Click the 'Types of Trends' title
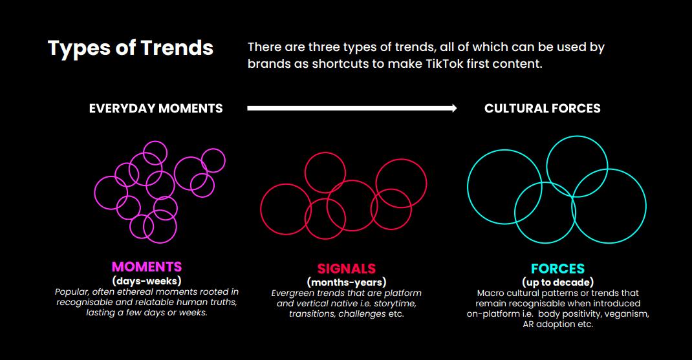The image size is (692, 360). click(x=131, y=48)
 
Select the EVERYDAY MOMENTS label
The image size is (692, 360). click(x=156, y=109)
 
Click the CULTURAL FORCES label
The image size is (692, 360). click(x=543, y=109)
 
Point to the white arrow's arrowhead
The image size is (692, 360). click(x=454, y=108)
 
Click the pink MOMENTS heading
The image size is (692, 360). click(x=147, y=267)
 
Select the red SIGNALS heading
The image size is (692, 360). click(x=347, y=269)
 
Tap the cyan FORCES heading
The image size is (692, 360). click(x=558, y=269)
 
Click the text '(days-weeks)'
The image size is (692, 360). click(x=147, y=281)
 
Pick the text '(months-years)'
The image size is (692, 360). click(x=347, y=282)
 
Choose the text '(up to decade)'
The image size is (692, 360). click(x=558, y=282)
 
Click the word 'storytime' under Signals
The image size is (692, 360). click(x=395, y=304)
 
